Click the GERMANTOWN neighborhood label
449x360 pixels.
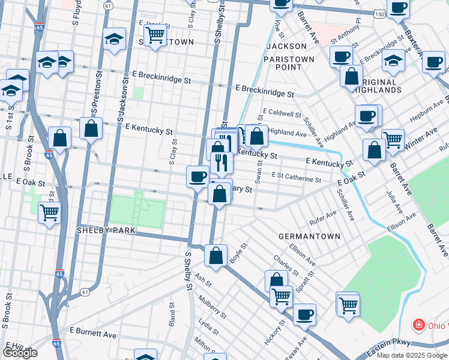pyautogui.click(x=310, y=236)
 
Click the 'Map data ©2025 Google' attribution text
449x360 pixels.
pyautogui.click(x=412, y=355)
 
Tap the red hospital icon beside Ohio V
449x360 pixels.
pyautogui.click(x=418, y=326)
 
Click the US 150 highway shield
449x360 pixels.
pyautogui.click(x=378, y=13)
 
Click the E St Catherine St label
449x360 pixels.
pyautogui.click(x=296, y=177)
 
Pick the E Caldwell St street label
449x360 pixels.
pyautogui.click(x=282, y=113)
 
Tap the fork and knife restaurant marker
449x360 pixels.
pyautogui.click(x=221, y=162)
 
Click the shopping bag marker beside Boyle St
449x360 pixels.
pyautogui.click(x=215, y=255)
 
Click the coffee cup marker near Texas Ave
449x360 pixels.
pyautogui.click(x=304, y=314)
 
